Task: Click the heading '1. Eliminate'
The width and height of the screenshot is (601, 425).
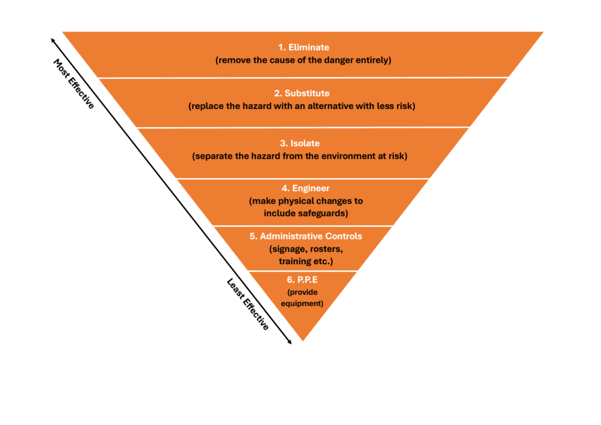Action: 303,47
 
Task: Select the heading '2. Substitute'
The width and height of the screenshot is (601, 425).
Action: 302,93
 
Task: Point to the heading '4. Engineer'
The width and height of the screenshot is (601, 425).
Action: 305,188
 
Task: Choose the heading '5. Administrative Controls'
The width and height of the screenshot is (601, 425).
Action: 306,236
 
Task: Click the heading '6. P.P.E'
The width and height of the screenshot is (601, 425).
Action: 302,279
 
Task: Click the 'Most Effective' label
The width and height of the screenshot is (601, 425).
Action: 74,84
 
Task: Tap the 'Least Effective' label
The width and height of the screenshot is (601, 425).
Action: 248,304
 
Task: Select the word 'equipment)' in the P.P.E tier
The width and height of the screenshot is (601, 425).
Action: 302,303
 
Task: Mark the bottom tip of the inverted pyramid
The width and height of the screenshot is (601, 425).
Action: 303,340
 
